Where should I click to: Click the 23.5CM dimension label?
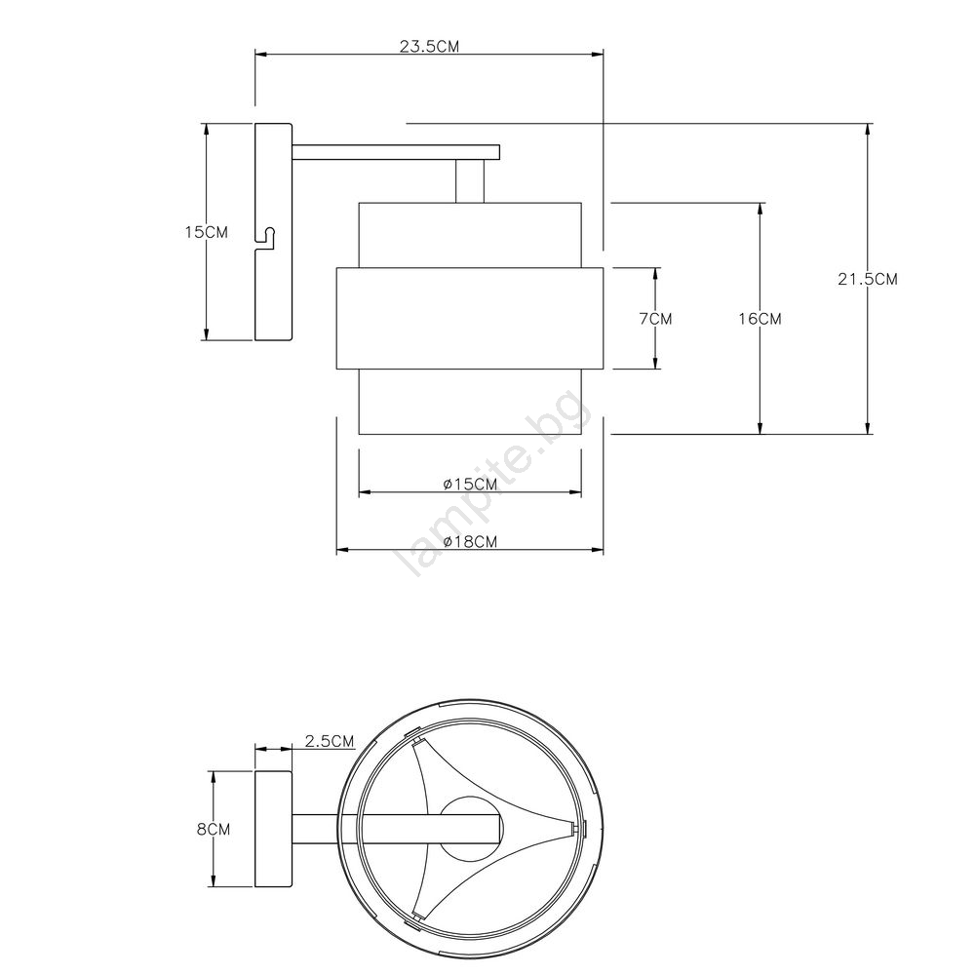[x=429, y=47]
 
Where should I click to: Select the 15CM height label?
[x=207, y=232]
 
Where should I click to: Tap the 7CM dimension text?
[x=656, y=319]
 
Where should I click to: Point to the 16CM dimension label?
[x=760, y=319]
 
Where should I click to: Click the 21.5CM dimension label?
[x=868, y=279]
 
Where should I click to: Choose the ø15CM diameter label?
[x=470, y=484]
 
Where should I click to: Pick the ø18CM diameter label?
[x=470, y=541]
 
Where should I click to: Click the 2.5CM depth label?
[x=330, y=741]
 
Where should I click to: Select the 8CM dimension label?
[x=214, y=829]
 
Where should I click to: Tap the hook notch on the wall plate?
[x=266, y=238]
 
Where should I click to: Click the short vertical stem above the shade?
[x=470, y=181]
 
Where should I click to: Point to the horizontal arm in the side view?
[x=396, y=152]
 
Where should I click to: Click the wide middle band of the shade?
[x=470, y=319]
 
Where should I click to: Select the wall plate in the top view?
[x=274, y=829]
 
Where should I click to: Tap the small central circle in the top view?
[x=470, y=829]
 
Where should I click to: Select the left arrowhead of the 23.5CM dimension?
[x=262, y=55]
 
